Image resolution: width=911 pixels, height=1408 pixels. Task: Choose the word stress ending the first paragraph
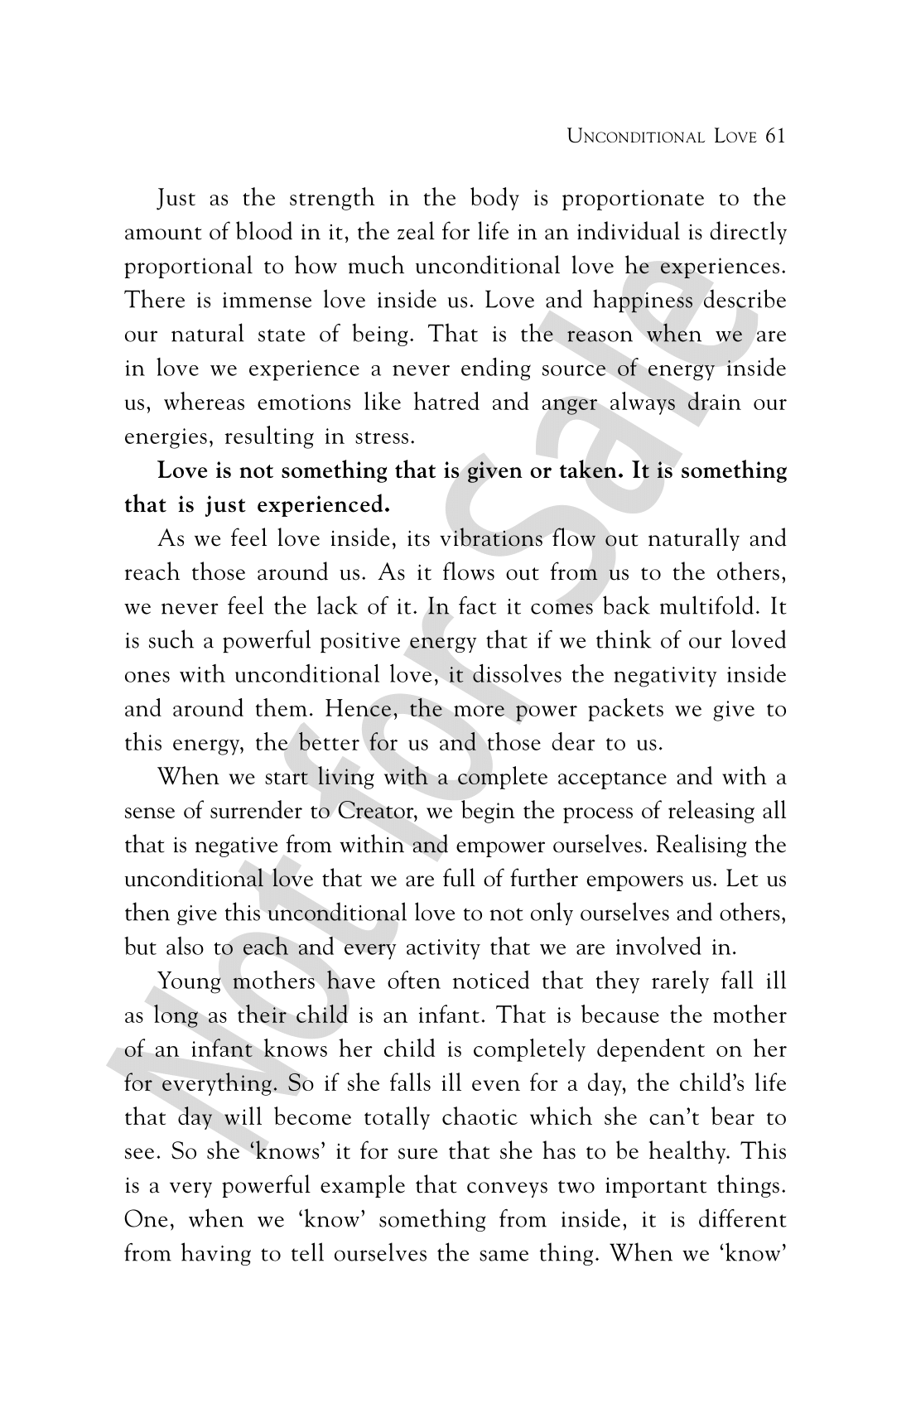(x=381, y=437)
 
